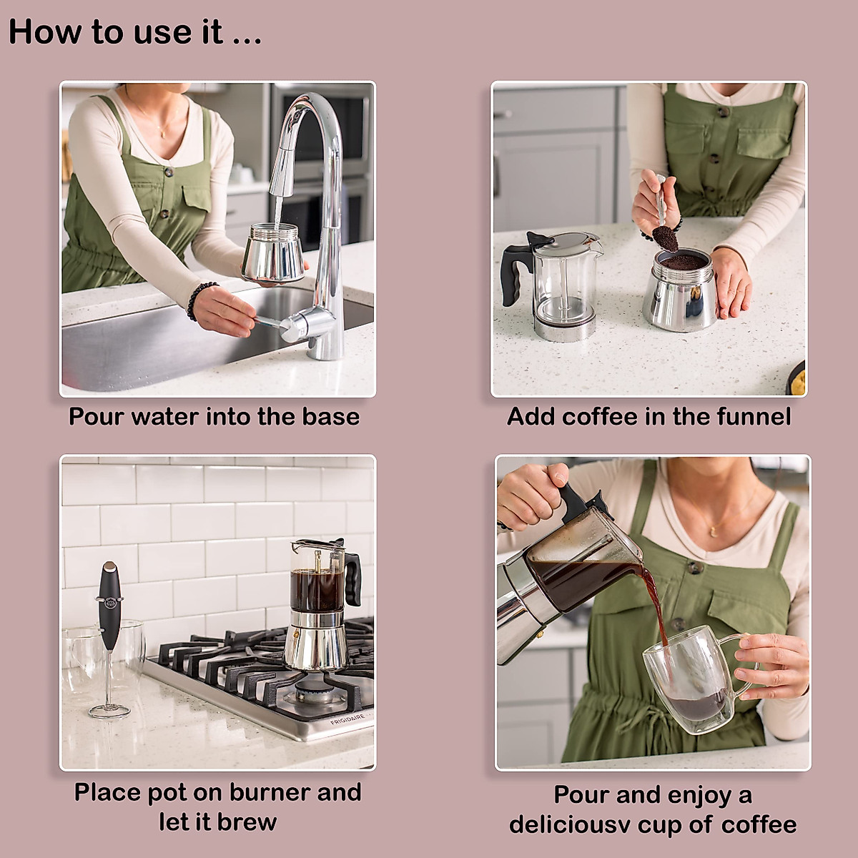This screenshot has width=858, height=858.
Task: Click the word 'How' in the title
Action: (x=39, y=32)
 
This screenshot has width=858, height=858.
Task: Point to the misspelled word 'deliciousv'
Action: (x=570, y=824)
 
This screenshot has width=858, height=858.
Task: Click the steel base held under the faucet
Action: (x=273, y=254)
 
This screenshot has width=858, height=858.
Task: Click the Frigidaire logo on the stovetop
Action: (x=347, y=718)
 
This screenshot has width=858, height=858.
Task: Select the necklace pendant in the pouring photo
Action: (x=713, y=530)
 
